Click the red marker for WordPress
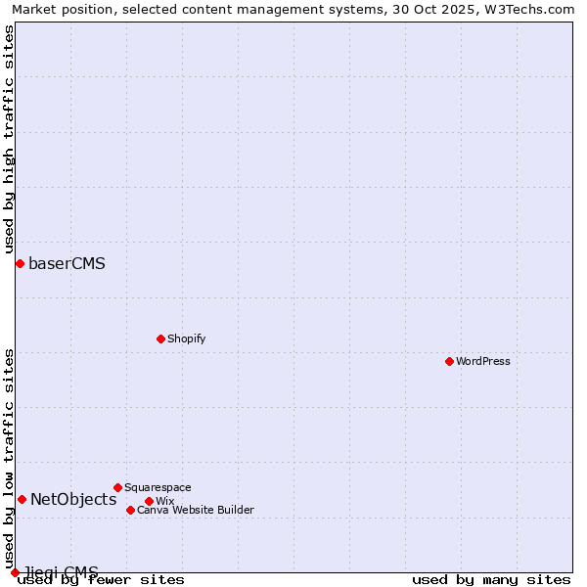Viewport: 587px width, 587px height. [x=449, y=361]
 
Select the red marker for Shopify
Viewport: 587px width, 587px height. [x=160, y=339]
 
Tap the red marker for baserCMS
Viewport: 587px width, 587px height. [x=20, y=263]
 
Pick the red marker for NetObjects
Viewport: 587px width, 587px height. [x=22, y=499]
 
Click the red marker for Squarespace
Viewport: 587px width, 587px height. [x=117, y=487]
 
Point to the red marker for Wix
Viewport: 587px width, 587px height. [x=149, y=501]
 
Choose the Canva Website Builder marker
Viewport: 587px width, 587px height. [x=130, y=510]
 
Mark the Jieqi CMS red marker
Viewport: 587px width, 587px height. [x=15, y=572]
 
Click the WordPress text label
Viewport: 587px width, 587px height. [x=483, y=361]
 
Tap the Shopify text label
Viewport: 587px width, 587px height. [x=186, y=339]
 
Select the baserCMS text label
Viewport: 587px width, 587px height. [x=67, y=263]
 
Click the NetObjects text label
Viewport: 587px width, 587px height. [x=73, y=499]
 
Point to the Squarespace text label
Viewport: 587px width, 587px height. [x=158, y=487]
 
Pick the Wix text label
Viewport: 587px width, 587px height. [x=164, y=501]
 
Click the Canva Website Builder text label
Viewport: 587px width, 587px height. [x=195, y=510]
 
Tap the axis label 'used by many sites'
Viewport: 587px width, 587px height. [x=491, y=579]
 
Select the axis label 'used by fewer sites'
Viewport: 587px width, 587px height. [x=101, y=579]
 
